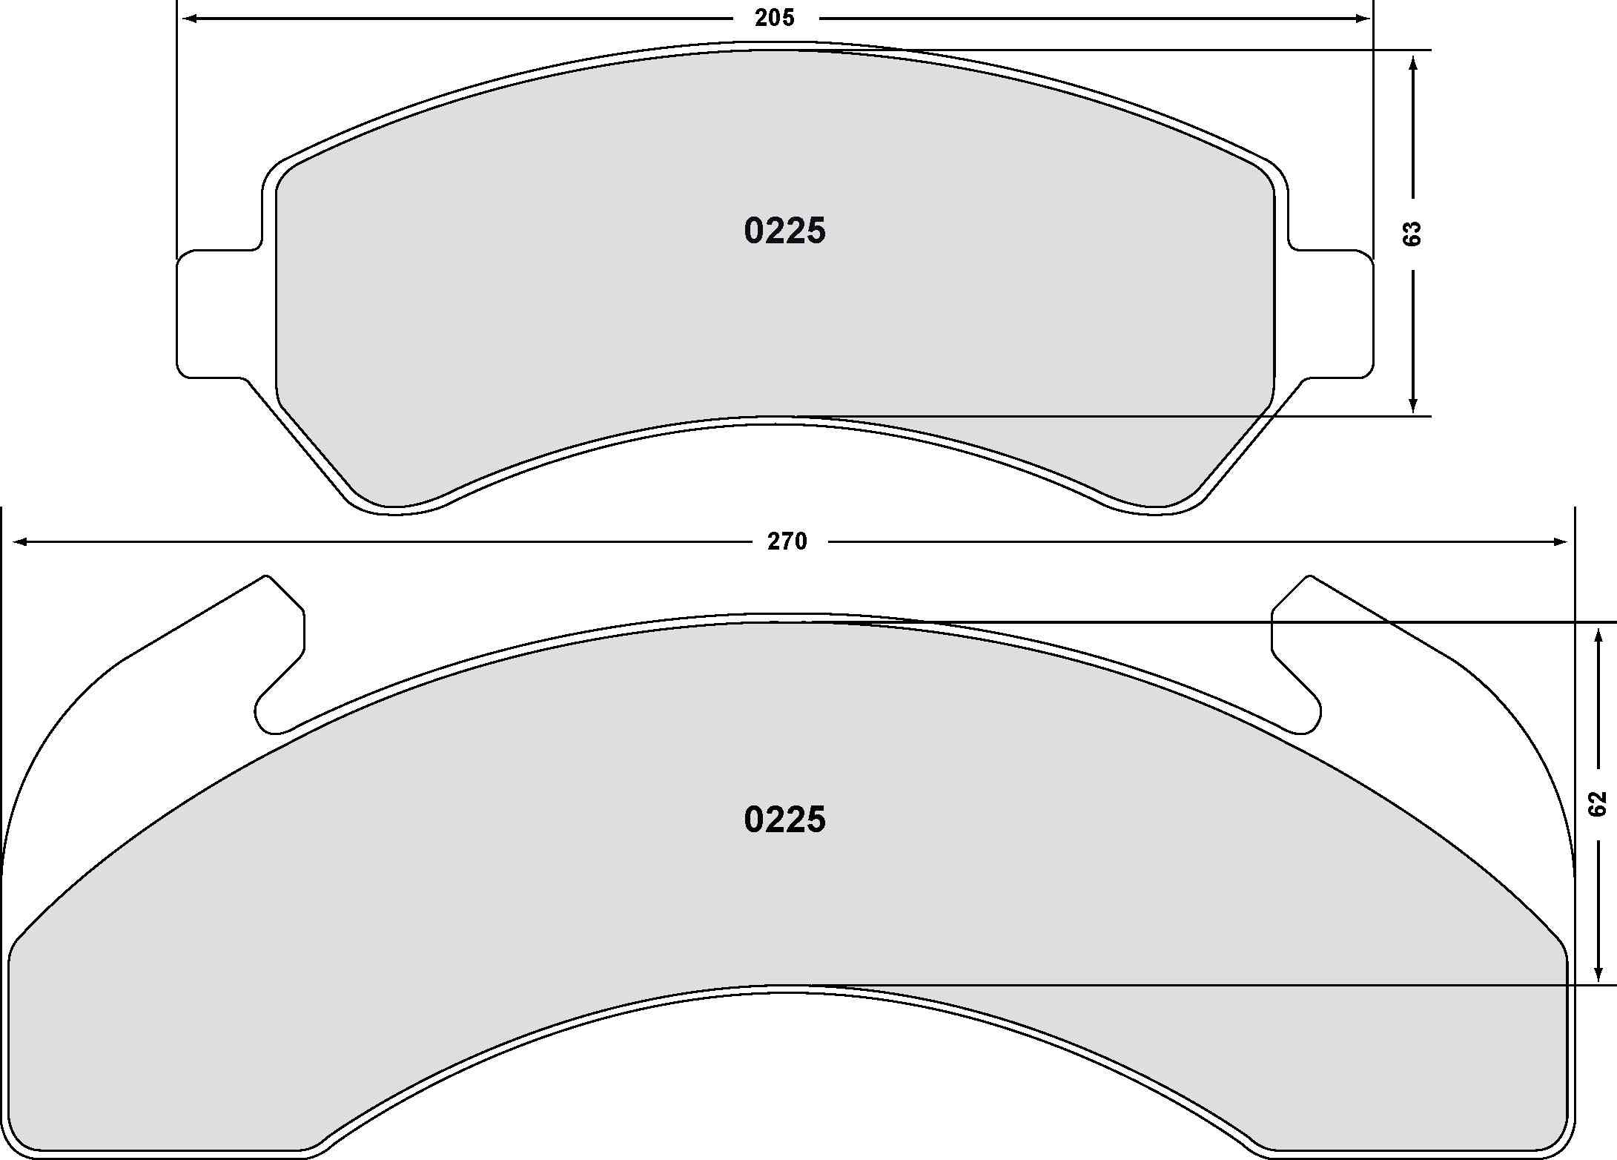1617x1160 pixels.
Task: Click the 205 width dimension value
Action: click(775, 18)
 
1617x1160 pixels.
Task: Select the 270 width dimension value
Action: click(787, 542)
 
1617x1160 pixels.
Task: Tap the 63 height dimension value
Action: click(1413, 234)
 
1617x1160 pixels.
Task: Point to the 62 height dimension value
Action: click(1597, 804)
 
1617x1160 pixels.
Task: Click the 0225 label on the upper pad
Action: click(784, 231)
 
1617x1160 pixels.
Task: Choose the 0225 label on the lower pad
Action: click(784, 820)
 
